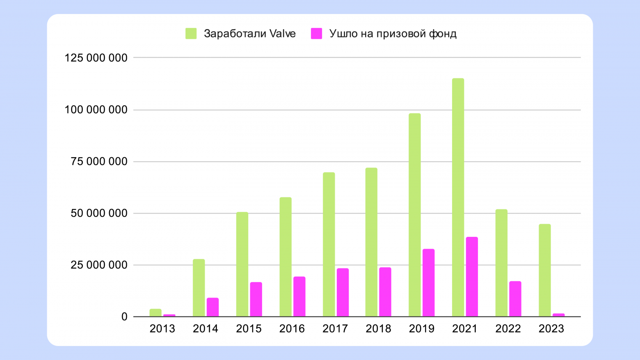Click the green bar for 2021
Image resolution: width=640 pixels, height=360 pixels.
pyautogui.click(x=458, y=197)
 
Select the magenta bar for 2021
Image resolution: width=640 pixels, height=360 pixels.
pyautogui.click(x=472, y=277)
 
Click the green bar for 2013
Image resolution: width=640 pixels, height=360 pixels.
pyautogui.click(x=155, y=313)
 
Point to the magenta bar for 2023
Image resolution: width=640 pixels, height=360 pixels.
pyautogui.click(x=558, y=315)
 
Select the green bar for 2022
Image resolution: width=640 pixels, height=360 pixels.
pyautogui.click(x=501, y=263)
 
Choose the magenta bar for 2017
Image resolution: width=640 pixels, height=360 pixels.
pyautogui.click(x=343, y=292)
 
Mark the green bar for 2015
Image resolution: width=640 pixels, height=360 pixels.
pyautogui.click(x=242, y=264)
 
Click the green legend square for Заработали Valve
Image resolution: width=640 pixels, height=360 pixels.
pyautogui.click(x=191, y=34)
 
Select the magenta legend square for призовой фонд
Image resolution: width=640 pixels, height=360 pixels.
pyautogui.click(x=316, y=34)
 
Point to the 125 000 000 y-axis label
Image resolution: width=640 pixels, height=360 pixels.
pyautogui.click(x=96, y=58)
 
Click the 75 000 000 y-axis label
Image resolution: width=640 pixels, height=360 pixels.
pyautogui.click(x=99, y=162)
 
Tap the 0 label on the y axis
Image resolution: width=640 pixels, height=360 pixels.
pyautogui.click(x=124, y=317)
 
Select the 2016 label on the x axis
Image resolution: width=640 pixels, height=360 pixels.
pyautogui.click(x=292, y=329)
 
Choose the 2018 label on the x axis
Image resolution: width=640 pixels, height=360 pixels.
pyautogui.click(x=378, y=329)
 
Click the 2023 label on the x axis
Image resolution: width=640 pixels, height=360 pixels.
pyautogui.click(x=551, y=329)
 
